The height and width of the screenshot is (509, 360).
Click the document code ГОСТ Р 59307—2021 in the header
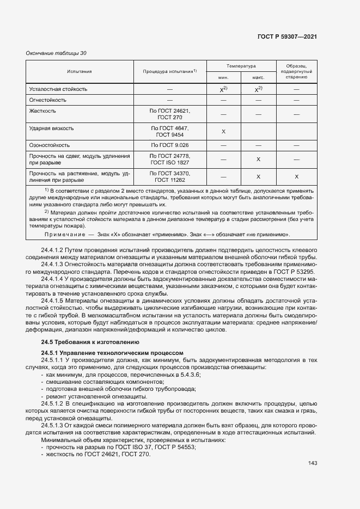coord(287,36)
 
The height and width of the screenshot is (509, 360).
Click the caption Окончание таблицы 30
coord(56,53)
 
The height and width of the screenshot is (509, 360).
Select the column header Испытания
coord(80,71)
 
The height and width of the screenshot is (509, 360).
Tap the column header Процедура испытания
coord(169,71)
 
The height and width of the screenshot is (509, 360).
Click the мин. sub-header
coord(223,77)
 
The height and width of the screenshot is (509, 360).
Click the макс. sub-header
coord(258,77)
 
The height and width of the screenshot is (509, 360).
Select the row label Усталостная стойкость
coord(58,89)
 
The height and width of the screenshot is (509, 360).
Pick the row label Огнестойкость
coord(48,100)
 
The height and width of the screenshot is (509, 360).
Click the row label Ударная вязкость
coord(51,128)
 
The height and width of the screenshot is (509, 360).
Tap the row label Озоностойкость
coord(50,145)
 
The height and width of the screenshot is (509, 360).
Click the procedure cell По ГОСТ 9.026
coord(169,145)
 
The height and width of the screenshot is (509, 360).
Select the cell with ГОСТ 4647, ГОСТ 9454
coord(169,131)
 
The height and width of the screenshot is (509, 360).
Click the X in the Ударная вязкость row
coord(223,132)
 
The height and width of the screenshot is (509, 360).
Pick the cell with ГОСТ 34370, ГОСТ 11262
coord(169,176)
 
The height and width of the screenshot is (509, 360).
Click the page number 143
coord(312,463)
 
